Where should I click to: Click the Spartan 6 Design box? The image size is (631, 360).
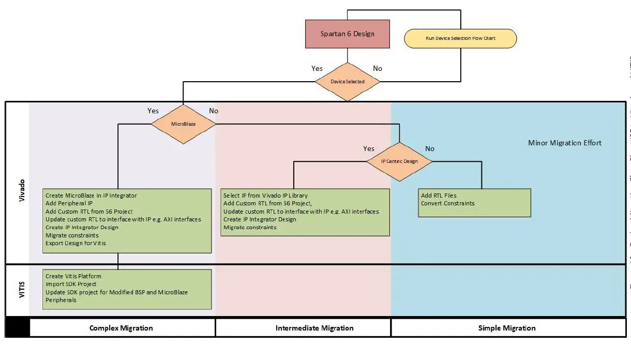pos(347,34)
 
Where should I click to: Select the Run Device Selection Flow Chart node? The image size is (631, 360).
pos(460,38)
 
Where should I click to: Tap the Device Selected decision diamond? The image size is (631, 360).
pos(347,82)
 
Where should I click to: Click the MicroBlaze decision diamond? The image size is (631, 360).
pos(183,124)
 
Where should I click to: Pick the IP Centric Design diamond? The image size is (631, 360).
pos(399,161)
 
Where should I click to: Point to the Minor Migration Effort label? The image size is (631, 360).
pos(564,143)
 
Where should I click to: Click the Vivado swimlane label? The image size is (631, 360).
pos(22,191)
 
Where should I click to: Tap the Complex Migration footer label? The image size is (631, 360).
pos(121,328)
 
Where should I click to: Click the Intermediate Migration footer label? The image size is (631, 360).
pos(314,328)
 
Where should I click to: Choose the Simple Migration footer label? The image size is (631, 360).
pos(506,328)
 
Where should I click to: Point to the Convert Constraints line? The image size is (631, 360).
pos(447,203)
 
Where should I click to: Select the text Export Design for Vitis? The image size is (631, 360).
pos(76,243)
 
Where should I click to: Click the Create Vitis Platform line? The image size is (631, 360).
pos(73,276)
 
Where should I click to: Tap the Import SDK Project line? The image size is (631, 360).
pos(71,284)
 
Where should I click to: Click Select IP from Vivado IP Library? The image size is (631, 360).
pos(265,196)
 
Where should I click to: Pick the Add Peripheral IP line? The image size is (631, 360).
pos(69,203)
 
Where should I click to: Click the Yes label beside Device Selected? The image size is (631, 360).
pos(317,68)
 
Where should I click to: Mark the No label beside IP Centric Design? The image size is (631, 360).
pos(430,148)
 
